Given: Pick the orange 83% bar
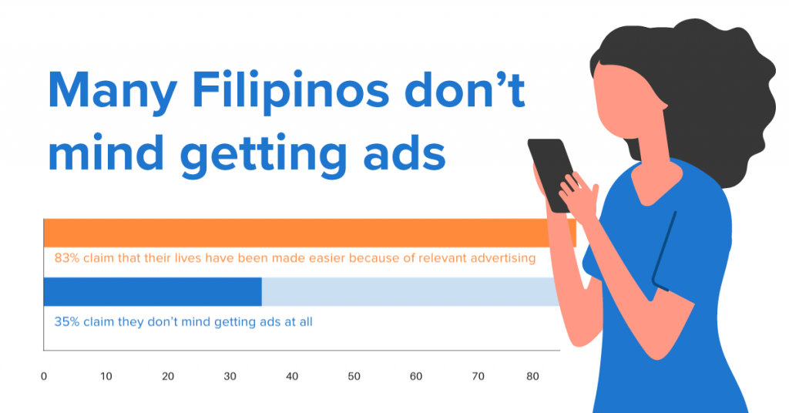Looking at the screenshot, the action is tap(310, 233).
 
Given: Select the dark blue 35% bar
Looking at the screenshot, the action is tap(153, 292).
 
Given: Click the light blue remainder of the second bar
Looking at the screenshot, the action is tap(410, 292).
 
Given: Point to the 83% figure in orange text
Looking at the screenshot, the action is tap(67, 259).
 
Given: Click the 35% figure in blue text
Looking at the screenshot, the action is tap(67, 322).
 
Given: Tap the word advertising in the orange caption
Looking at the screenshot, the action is tap(497, 259).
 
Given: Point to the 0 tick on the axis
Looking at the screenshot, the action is tap(44, 376).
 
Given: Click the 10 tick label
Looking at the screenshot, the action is tap(106, 376).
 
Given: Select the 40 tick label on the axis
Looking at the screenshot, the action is tap(292, 376).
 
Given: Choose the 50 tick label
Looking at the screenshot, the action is tap(354, 376).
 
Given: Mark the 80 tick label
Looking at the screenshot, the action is tap(532, 376).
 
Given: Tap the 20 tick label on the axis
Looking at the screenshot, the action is tap(167, 376).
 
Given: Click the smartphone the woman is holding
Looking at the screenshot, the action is tap(551, 173).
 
